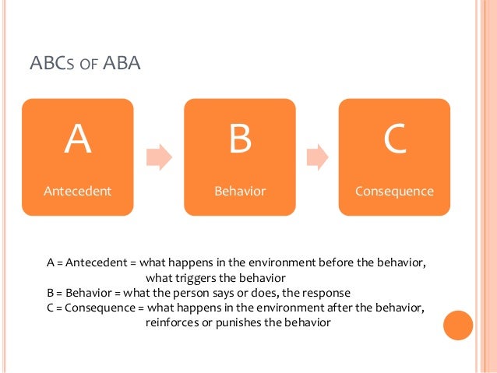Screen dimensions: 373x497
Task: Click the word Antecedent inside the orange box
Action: [77, 190]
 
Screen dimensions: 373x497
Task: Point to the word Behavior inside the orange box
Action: [239, 190]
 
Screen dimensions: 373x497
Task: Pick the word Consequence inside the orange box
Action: [394, 190]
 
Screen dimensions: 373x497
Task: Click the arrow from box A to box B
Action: [158, 157]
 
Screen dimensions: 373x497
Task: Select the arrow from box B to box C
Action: [316, 157]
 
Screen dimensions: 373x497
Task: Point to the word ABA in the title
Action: [122, 62]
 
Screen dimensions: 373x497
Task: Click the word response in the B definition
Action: [327, 293]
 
